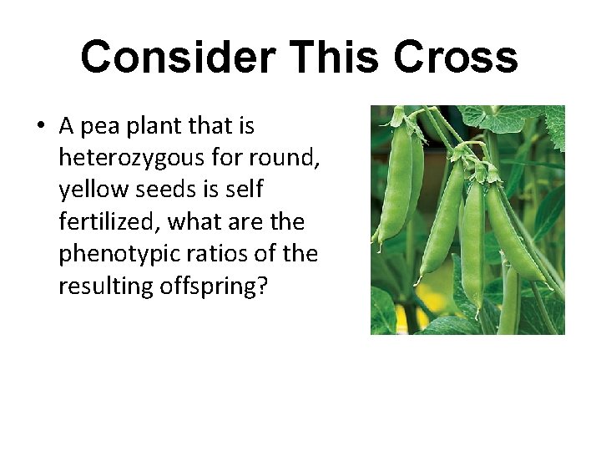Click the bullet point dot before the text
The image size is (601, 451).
(40, 127)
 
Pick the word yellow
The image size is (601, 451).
(88, 190)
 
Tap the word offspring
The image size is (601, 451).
(214, 286)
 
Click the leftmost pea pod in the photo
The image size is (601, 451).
(395, 184)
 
